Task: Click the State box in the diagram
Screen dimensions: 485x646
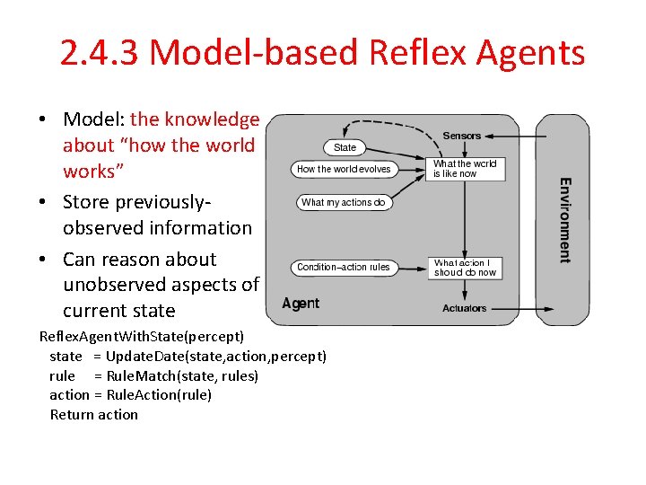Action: [x=345, y=147]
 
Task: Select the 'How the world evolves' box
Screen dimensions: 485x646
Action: [x=344, y=169]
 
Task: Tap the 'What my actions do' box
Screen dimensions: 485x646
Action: [x=343, y=203]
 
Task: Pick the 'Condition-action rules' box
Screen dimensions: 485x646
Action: [x=343, y=267]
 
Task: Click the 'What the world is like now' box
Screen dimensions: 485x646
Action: [x=464, y=169]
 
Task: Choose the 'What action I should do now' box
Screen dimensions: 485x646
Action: [x=464, y=268]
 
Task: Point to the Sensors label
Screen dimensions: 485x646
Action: [x=462, y=136]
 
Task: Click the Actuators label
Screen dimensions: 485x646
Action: [x=464, y=308]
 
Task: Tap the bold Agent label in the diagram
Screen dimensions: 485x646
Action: [x=301, y=304]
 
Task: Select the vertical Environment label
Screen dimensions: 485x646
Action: [x=564, y=220]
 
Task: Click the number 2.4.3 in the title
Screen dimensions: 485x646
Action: [x=99, y=53]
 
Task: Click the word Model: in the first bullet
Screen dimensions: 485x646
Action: [x=93, y=119]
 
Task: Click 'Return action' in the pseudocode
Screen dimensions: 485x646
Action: [x=94, y=414]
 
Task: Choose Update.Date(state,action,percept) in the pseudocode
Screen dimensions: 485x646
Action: [x=215, y=356]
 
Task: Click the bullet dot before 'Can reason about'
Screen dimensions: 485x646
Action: [x=44, y=260]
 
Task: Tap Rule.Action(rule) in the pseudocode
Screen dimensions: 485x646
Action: [x=159, y=394]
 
